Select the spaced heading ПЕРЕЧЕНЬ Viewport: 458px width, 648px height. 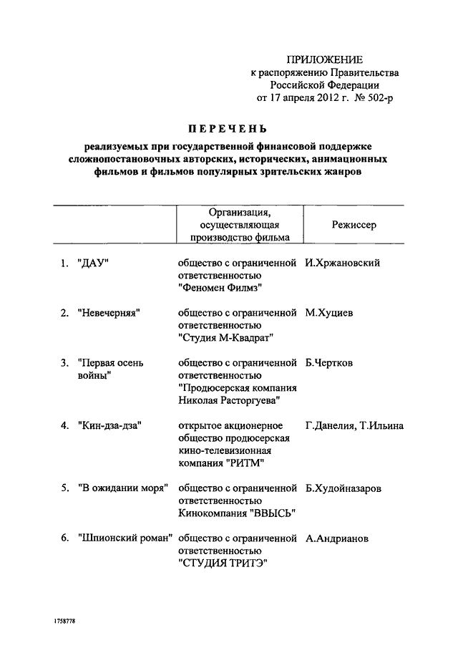(228, 129)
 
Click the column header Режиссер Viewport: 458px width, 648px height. (354, 225)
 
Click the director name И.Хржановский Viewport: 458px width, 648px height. (342, 263)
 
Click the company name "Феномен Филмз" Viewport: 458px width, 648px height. (220, 288)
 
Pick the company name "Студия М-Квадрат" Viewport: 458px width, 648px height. (225, 338)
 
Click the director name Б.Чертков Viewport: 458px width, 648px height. (333, 363)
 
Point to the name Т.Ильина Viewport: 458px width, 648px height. (383, 426)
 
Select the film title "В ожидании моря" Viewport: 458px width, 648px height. (122, 488)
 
